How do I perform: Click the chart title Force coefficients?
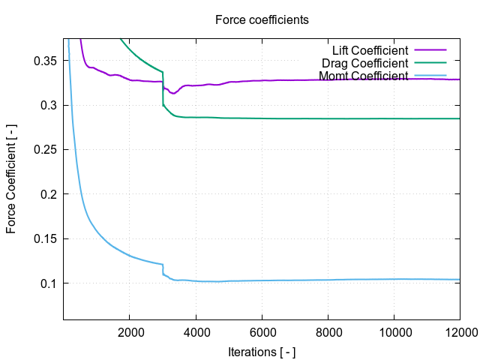(x=262, y=19)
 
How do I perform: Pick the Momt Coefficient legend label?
(x=364, y=76)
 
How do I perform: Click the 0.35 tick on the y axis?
(x=46, y=61)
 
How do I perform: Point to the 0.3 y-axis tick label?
(x=49, y=105)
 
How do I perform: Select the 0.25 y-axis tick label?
(x=46, y=150)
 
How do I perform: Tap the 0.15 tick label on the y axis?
(x=46, y=239)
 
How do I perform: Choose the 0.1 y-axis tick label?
(x=49, y=283)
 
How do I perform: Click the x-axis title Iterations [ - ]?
(x=262, y=350)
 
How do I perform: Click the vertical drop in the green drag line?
(x=163, y=88)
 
